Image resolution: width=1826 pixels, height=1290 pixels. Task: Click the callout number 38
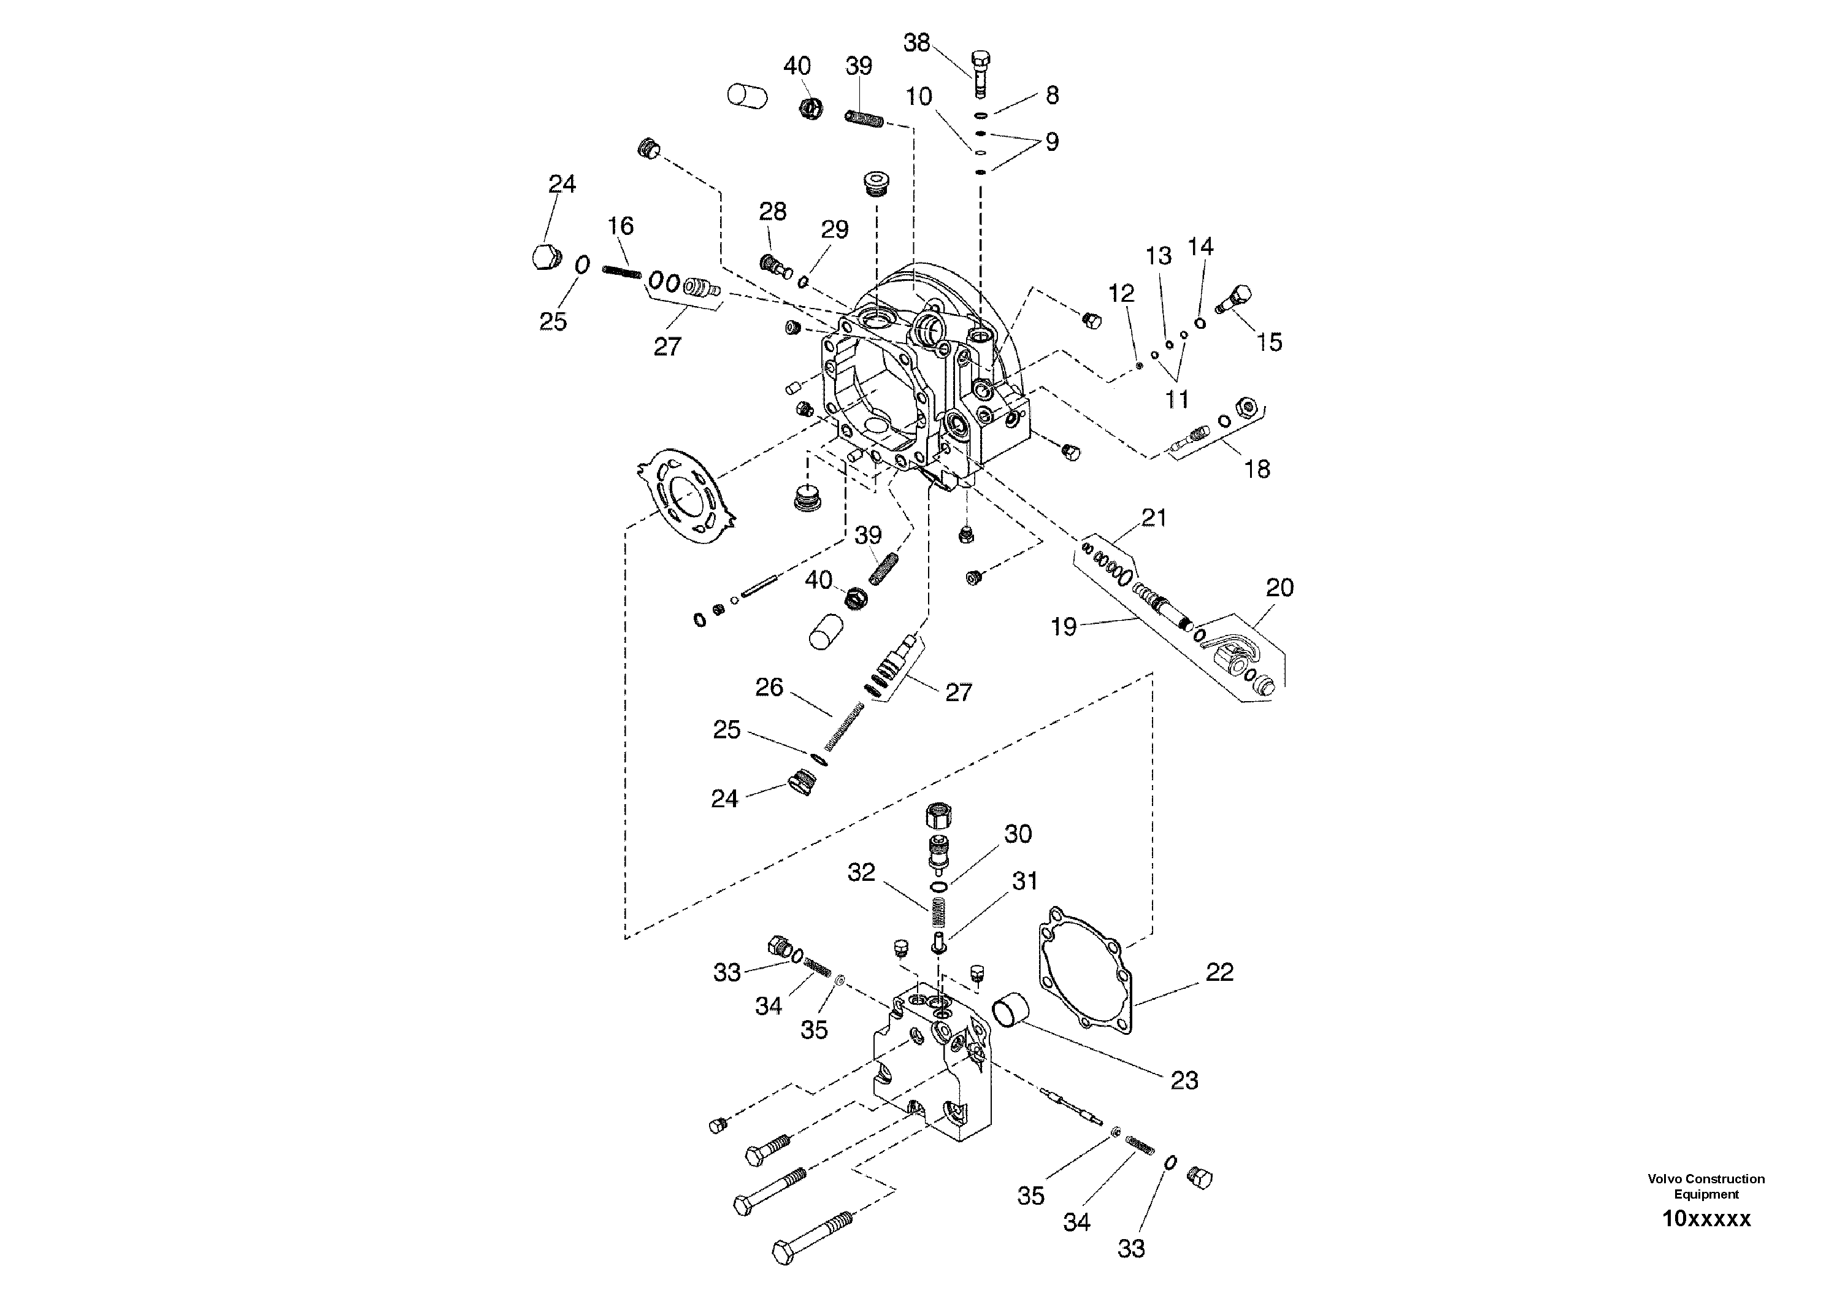click(916, 43)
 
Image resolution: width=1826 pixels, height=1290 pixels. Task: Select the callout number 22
click(1219, 971)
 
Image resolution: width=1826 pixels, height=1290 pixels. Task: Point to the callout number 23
click(1184, 1080)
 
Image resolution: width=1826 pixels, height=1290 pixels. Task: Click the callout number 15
click(1269, 342)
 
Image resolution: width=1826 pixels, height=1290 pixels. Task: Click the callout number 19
click(1064, 627)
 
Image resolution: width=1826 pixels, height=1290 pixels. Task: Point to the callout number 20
click(1279, 588)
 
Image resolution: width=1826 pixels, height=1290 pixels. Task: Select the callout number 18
click(1257, 469)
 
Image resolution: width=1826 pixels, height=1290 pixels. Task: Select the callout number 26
click(769, 686)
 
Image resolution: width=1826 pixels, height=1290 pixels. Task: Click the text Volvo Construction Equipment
click(1706, 1186)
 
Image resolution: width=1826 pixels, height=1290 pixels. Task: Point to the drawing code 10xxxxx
click(1706, 1219)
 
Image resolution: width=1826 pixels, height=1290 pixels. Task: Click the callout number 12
click(1121, 293)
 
